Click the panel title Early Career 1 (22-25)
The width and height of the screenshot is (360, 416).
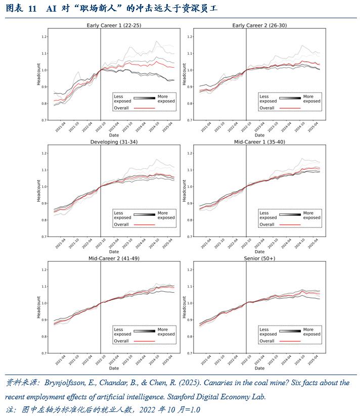(x=113, y=25)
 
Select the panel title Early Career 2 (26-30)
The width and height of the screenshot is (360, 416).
(x=259, y=25)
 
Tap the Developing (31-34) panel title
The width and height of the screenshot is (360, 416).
(x=113, y=142)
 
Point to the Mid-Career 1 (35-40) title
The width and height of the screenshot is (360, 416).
(x=259, y=142)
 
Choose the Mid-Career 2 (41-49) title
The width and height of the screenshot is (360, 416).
(x=113, y=259)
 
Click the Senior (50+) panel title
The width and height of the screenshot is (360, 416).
(x=259, y=259)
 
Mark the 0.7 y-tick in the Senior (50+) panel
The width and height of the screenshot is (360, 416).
(x=190, y=353)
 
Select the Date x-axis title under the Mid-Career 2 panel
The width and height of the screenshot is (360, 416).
(x=113, y=368)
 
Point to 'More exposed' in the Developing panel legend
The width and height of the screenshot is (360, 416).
(x=166, y=215)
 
